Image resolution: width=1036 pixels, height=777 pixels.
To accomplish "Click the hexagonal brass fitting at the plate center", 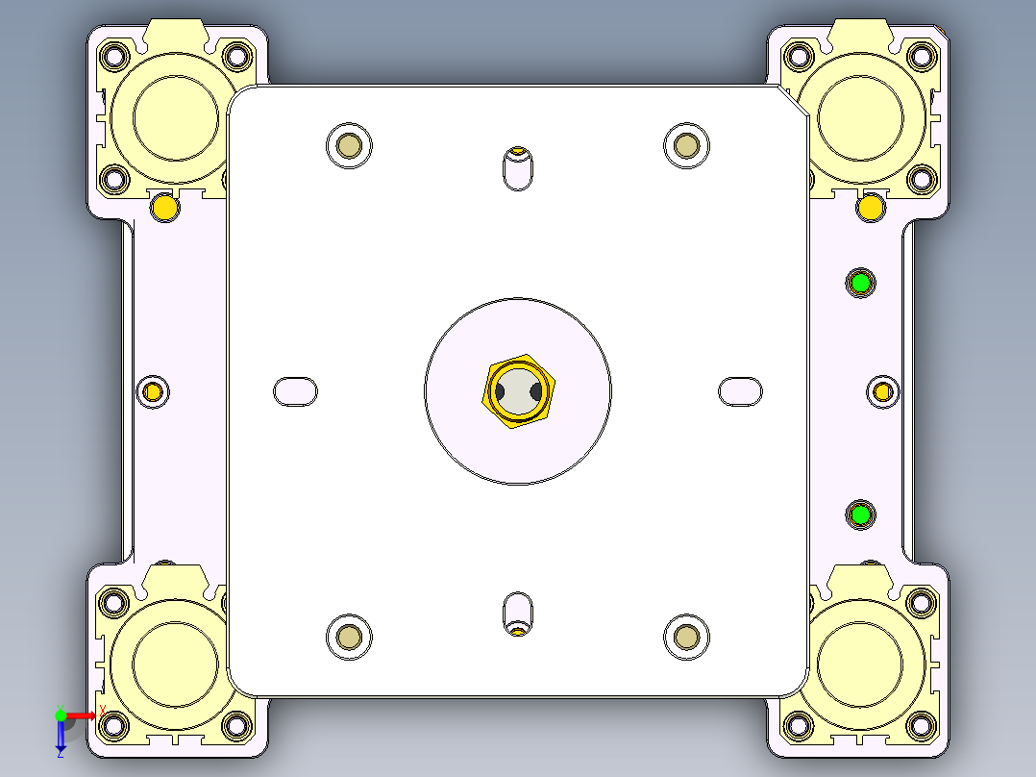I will pyautogui.click(x=520, y=391).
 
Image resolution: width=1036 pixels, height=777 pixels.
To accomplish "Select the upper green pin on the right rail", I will pyautogui.click(x=860, y=283).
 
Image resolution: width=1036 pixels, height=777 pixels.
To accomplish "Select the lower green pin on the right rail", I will pyautogui.click(x=860, y=515).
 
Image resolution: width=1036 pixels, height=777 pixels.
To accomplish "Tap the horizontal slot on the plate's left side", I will pyautogui.click(x=296, y=391).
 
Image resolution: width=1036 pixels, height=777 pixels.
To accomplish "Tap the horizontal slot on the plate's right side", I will pyautogui.click(x=741, y=391).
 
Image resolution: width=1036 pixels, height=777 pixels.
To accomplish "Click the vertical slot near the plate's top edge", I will pyautogui.click(x=518, y=168).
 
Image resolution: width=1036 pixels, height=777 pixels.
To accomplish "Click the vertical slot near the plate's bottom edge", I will pyautogui.click(x=518, y=614).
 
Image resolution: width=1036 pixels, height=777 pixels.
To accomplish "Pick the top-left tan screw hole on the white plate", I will pyautogui.click(x=349, y=146).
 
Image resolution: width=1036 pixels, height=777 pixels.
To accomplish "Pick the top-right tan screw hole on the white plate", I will pyautogui.click(x=686, y=146).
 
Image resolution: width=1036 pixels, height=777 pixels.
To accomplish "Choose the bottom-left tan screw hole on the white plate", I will pyautogui.click(x=349, y=637).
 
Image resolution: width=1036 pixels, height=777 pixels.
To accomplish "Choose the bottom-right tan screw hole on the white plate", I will pyautogui.click(x=686, y=637).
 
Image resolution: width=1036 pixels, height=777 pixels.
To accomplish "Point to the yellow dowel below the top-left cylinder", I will pyautogui.click(x=165, y=207).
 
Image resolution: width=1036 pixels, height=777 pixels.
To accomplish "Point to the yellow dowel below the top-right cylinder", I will pyautogui.click(x=871, y=207).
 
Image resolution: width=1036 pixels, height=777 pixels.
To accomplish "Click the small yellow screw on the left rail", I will pyautogui.click(x=152, y=391).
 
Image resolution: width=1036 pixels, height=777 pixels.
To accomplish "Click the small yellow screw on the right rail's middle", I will pyautogui.click(x=883, y=391).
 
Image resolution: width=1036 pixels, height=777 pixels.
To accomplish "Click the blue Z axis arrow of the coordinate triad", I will pyautogui.click(x=61, y=736).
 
